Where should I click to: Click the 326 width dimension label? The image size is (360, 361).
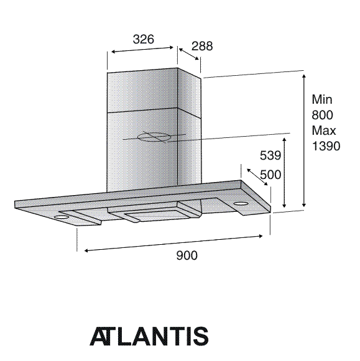pos(143,39)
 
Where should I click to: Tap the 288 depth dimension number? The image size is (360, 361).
pos(202,46)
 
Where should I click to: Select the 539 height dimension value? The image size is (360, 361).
pos(270,155)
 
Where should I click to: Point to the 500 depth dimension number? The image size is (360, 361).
pos(270,175)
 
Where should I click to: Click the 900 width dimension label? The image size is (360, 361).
pos(187,255)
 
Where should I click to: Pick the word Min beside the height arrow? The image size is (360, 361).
pos(322,99)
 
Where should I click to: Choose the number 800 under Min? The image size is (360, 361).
pos(322,115)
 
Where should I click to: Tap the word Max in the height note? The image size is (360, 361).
pos(324,130)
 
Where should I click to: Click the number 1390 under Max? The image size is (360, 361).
pos(326,146)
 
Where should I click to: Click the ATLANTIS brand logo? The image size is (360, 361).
pos(149,336)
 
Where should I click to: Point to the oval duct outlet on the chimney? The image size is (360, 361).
pos(154,137)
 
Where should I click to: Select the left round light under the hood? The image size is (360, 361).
pos(60,217)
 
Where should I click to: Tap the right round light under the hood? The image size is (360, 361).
pos(240,203)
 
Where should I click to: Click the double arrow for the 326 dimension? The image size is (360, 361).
pos(142,50)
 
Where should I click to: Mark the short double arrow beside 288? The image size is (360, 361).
pos(188,54)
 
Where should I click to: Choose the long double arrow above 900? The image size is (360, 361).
pos(173,243)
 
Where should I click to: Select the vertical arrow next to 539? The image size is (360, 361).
pos(284,173)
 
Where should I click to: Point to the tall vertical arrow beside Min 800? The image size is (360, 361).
pos(304,140)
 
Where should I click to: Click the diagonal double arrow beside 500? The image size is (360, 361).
pos(257,177)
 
